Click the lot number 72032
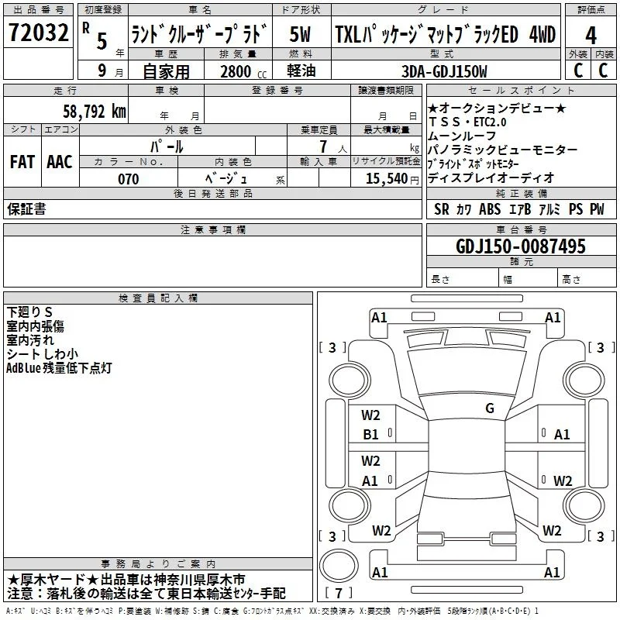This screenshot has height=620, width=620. coord(38,33)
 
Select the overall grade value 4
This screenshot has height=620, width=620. coord(591,36)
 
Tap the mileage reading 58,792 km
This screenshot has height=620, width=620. coord(95,112)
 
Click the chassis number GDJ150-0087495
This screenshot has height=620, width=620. coord(521,246)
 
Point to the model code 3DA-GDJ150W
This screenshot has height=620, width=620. coord(444,71)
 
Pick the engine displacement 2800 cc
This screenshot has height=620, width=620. coord(243,71)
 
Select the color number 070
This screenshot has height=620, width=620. coord(129,179)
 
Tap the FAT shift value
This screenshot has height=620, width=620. coord(22,162)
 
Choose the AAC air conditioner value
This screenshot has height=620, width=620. coord(60,162)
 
